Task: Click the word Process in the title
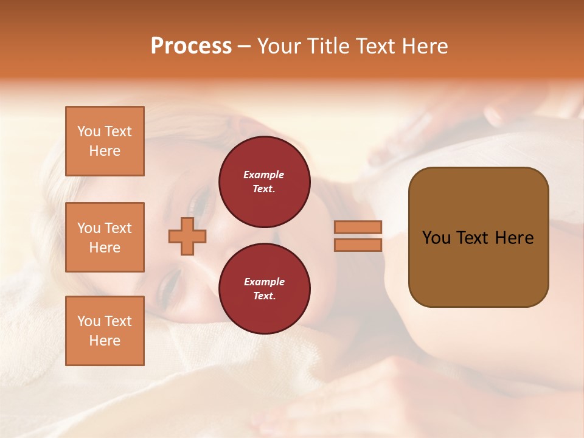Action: click(191, 46)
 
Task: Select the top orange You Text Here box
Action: click(105, 141)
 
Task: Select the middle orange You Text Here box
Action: click(105, 237)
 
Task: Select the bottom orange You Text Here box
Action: click(105, 331)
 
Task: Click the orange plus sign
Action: click(187, 237)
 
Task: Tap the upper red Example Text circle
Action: click(264, 182)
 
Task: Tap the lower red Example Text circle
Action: click(264, 289)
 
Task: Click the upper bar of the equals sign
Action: click(358, 227)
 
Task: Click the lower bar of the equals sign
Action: click(358, 245)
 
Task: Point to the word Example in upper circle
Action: click(264, 175)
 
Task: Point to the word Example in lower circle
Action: click(264, 282)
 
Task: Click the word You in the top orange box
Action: click(89, 131)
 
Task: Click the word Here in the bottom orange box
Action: click(105, 341)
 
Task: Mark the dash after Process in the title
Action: click(244, 47)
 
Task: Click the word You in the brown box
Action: click(437, 238)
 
